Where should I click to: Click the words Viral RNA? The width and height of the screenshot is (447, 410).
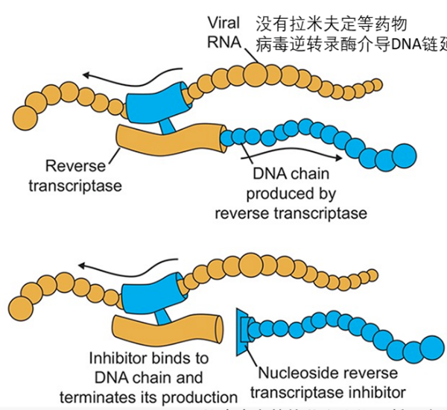pos(223,33)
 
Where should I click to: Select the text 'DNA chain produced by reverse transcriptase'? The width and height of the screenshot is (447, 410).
pos(291,194)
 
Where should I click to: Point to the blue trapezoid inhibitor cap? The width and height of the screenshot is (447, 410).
pos(242,328)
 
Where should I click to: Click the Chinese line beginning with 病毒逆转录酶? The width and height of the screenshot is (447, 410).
pos(350,42)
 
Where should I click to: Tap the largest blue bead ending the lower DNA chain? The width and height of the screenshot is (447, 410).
pos(430,346)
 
